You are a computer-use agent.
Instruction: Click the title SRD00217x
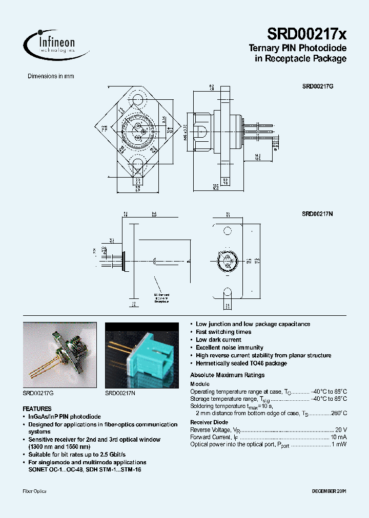[306, 34]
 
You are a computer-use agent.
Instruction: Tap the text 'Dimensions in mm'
[51, 76]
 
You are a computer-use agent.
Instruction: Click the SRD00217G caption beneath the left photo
[38, 393]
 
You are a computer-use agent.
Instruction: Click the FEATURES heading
[37, 409]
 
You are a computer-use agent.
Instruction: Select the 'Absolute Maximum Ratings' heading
[227, 375]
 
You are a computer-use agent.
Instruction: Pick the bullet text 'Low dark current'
[218, 340]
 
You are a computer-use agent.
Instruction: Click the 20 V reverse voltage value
[341, 430]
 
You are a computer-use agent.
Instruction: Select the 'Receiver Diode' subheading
[209, 422]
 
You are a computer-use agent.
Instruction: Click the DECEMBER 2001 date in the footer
[329, 491]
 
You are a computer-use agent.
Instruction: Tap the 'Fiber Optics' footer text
[34, 491]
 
